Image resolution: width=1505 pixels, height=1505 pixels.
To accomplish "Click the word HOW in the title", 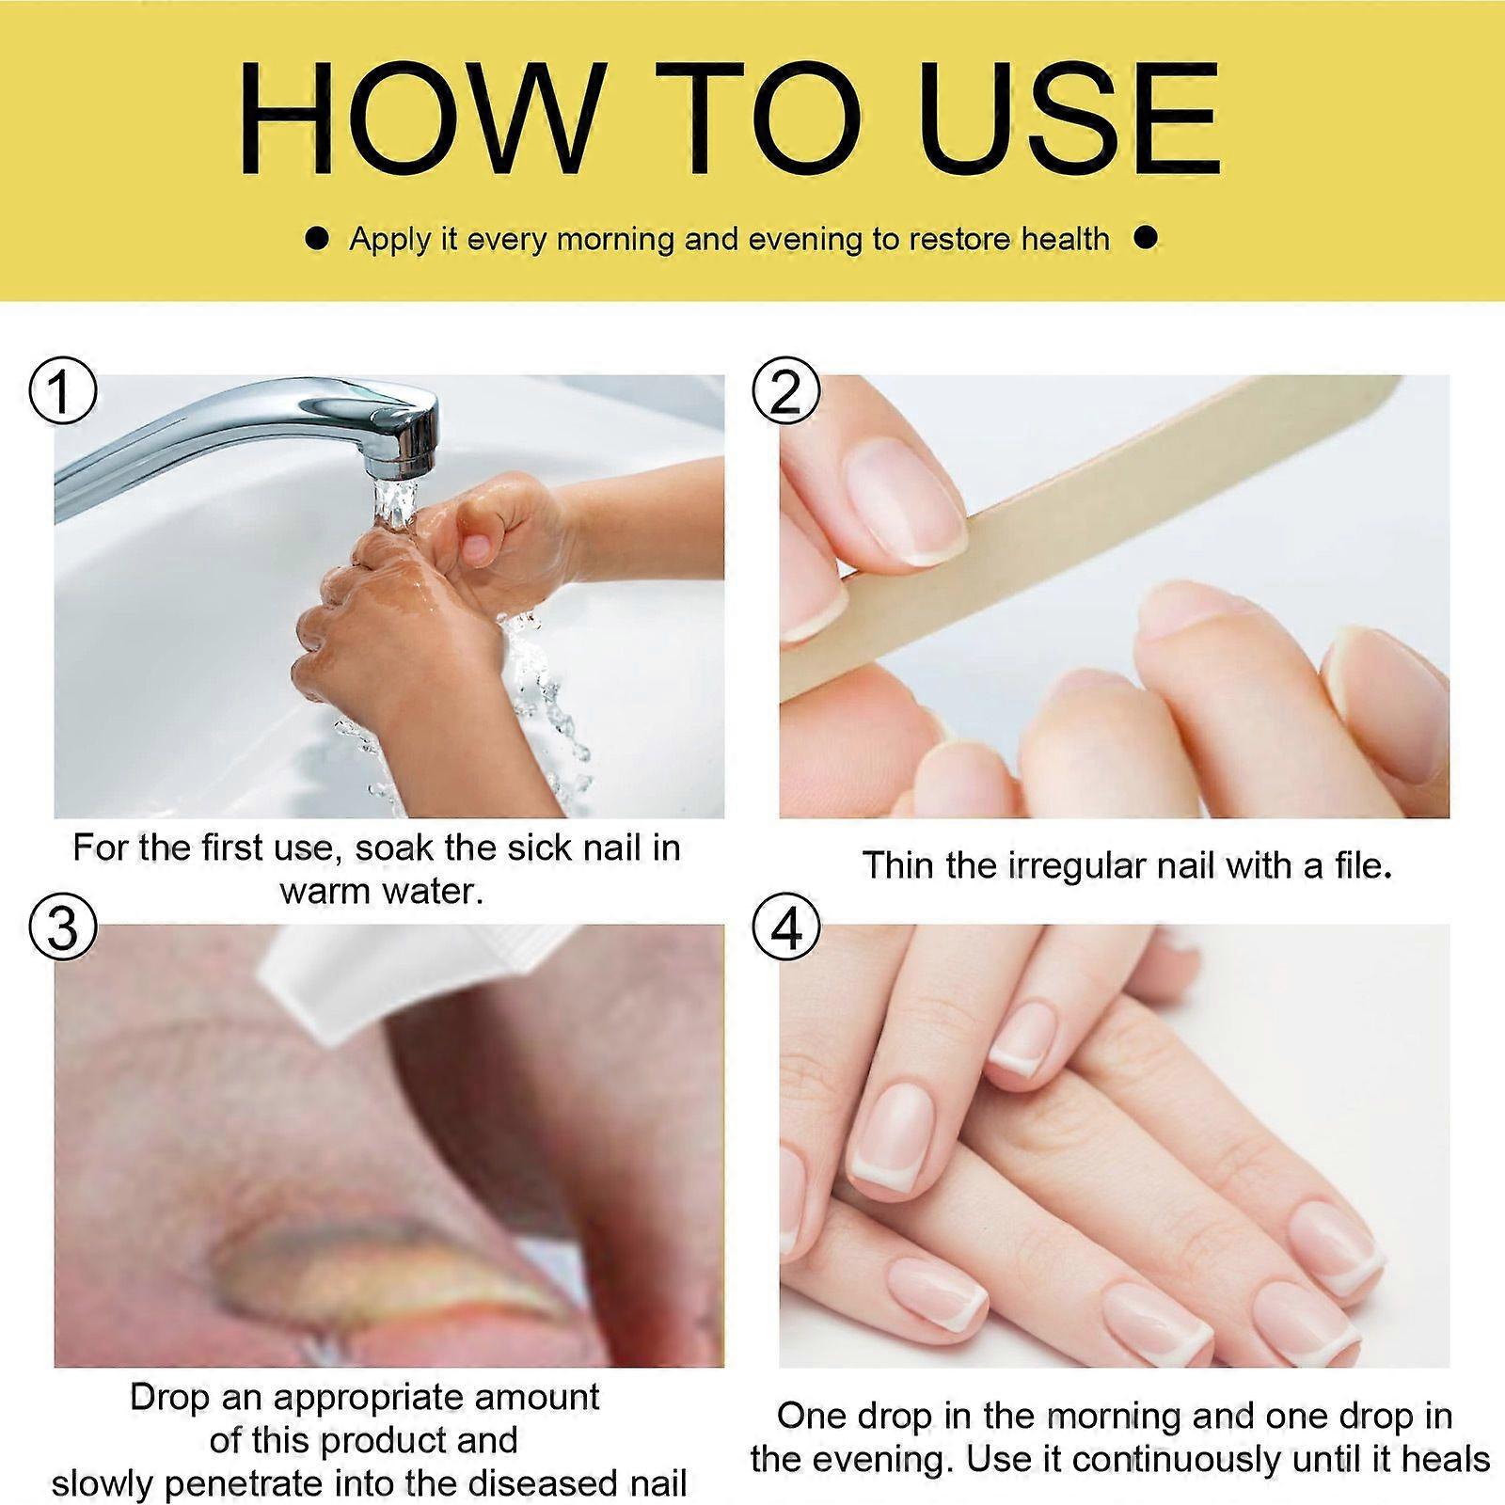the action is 420,119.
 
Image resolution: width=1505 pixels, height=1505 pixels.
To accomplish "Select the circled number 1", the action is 62,391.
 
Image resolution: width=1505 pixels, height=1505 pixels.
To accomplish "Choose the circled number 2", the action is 786,391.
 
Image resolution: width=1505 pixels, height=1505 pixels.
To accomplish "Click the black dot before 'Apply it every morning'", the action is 318,240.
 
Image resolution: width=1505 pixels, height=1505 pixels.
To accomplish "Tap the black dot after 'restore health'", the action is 1145,239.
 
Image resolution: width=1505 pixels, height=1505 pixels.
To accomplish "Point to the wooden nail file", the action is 1091,527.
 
